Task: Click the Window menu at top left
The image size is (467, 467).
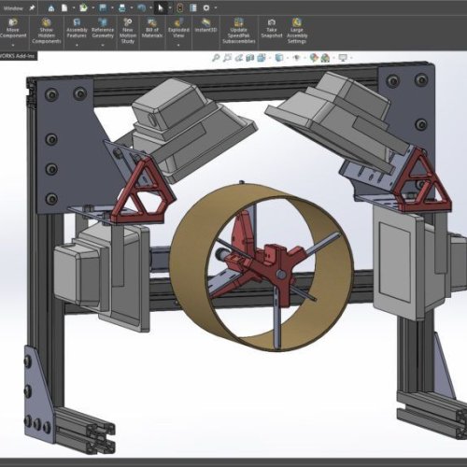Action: click(x=13, y=6)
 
